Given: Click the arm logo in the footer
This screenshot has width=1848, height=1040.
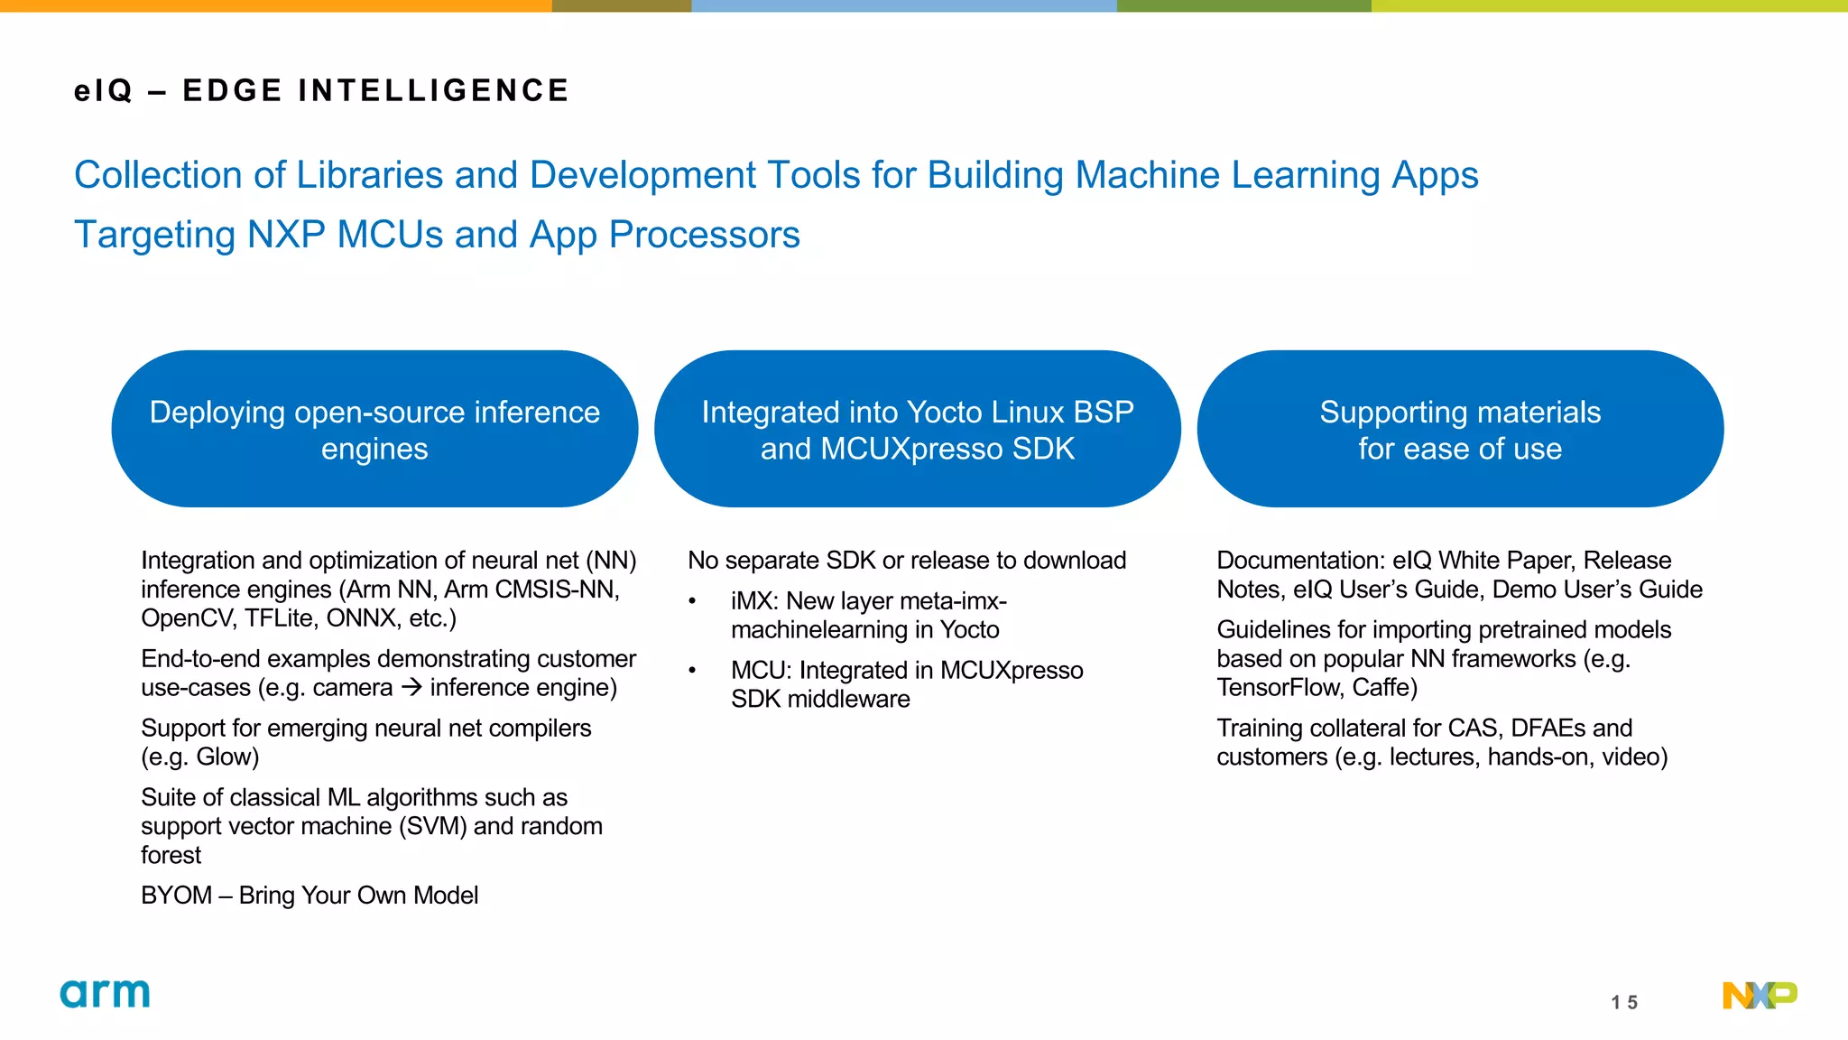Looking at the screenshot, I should (x=105, y=994).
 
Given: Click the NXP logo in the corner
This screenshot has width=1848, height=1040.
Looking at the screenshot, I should (x=1759, y=995).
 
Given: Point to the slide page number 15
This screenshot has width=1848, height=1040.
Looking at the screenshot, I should (x=1624, y=1002).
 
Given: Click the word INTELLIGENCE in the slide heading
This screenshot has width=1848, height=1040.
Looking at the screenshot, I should (x=434, y=91).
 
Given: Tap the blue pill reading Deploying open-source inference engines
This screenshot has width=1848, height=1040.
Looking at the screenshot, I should (x=374, y=429).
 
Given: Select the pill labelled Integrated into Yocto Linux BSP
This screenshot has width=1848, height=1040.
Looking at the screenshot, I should (x=917, y=429).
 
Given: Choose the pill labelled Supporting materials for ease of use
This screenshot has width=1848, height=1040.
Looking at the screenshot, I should (x=1460, y=429).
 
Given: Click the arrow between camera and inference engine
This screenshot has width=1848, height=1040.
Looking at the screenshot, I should (x=411, y=687).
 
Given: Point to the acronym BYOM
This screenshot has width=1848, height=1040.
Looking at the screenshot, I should (x=176, y=896).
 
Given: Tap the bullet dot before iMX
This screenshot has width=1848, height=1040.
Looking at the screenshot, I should (x=692, y=602).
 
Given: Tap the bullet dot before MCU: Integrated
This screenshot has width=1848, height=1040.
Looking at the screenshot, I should (x=692, y=671).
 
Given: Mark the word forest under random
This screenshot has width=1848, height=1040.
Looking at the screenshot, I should (x=171, y=855).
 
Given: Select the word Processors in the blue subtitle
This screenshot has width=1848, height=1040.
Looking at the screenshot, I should (x=704, y=235).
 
